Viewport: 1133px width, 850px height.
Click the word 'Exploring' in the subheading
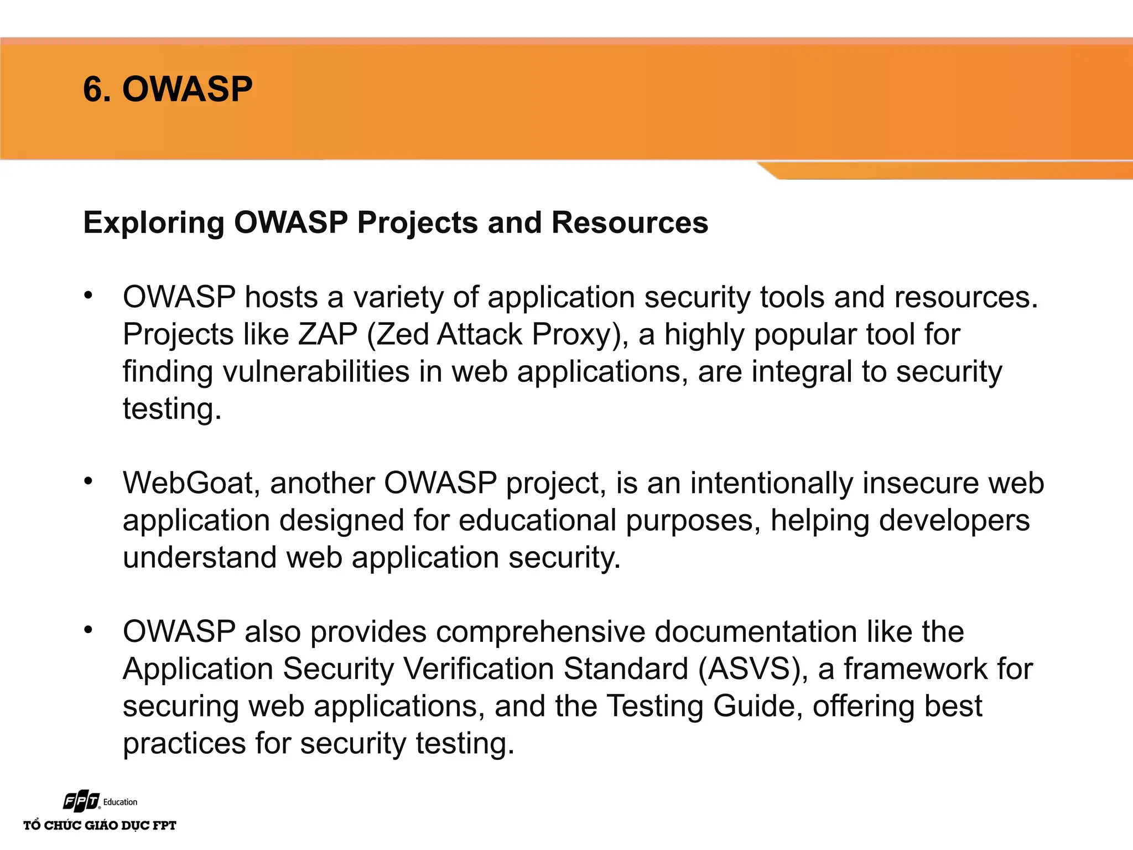pos(153,223)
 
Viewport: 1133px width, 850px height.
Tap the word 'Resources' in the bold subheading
pos(630,223)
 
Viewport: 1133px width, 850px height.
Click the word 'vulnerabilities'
pos(316,371)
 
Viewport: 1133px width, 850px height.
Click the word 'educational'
pos(537,520)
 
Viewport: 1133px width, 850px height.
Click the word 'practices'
pos(184,743)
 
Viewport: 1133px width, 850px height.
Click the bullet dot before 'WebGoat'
pos(88,481)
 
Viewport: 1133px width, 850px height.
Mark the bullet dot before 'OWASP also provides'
pos(88,629)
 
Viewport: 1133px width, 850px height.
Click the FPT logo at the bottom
pos(82,801)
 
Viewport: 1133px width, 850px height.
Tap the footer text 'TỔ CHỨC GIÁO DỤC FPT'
pos(100,826)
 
